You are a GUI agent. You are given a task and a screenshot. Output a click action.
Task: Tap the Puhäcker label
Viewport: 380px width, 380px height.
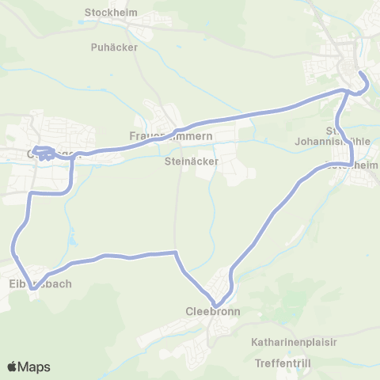[114, 47]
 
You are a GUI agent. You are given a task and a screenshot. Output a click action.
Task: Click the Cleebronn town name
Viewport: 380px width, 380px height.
[213, 311]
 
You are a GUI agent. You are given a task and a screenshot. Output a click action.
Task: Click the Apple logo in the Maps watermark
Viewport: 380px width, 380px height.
[13, 367]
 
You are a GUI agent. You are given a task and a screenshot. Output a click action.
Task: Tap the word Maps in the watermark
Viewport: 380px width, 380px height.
[35, 367]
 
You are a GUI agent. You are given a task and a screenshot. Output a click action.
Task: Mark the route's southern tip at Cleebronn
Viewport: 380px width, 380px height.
[216, 302]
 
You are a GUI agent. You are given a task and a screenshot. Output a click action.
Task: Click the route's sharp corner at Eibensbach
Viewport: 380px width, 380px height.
[32, 289]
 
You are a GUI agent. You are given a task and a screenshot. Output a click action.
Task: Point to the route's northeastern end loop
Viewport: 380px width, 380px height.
[363, 82]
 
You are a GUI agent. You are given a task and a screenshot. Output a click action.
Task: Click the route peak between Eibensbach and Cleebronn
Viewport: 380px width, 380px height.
[174, 253]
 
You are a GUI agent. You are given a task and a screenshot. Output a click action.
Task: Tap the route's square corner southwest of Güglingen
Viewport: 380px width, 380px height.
[32, 193]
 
